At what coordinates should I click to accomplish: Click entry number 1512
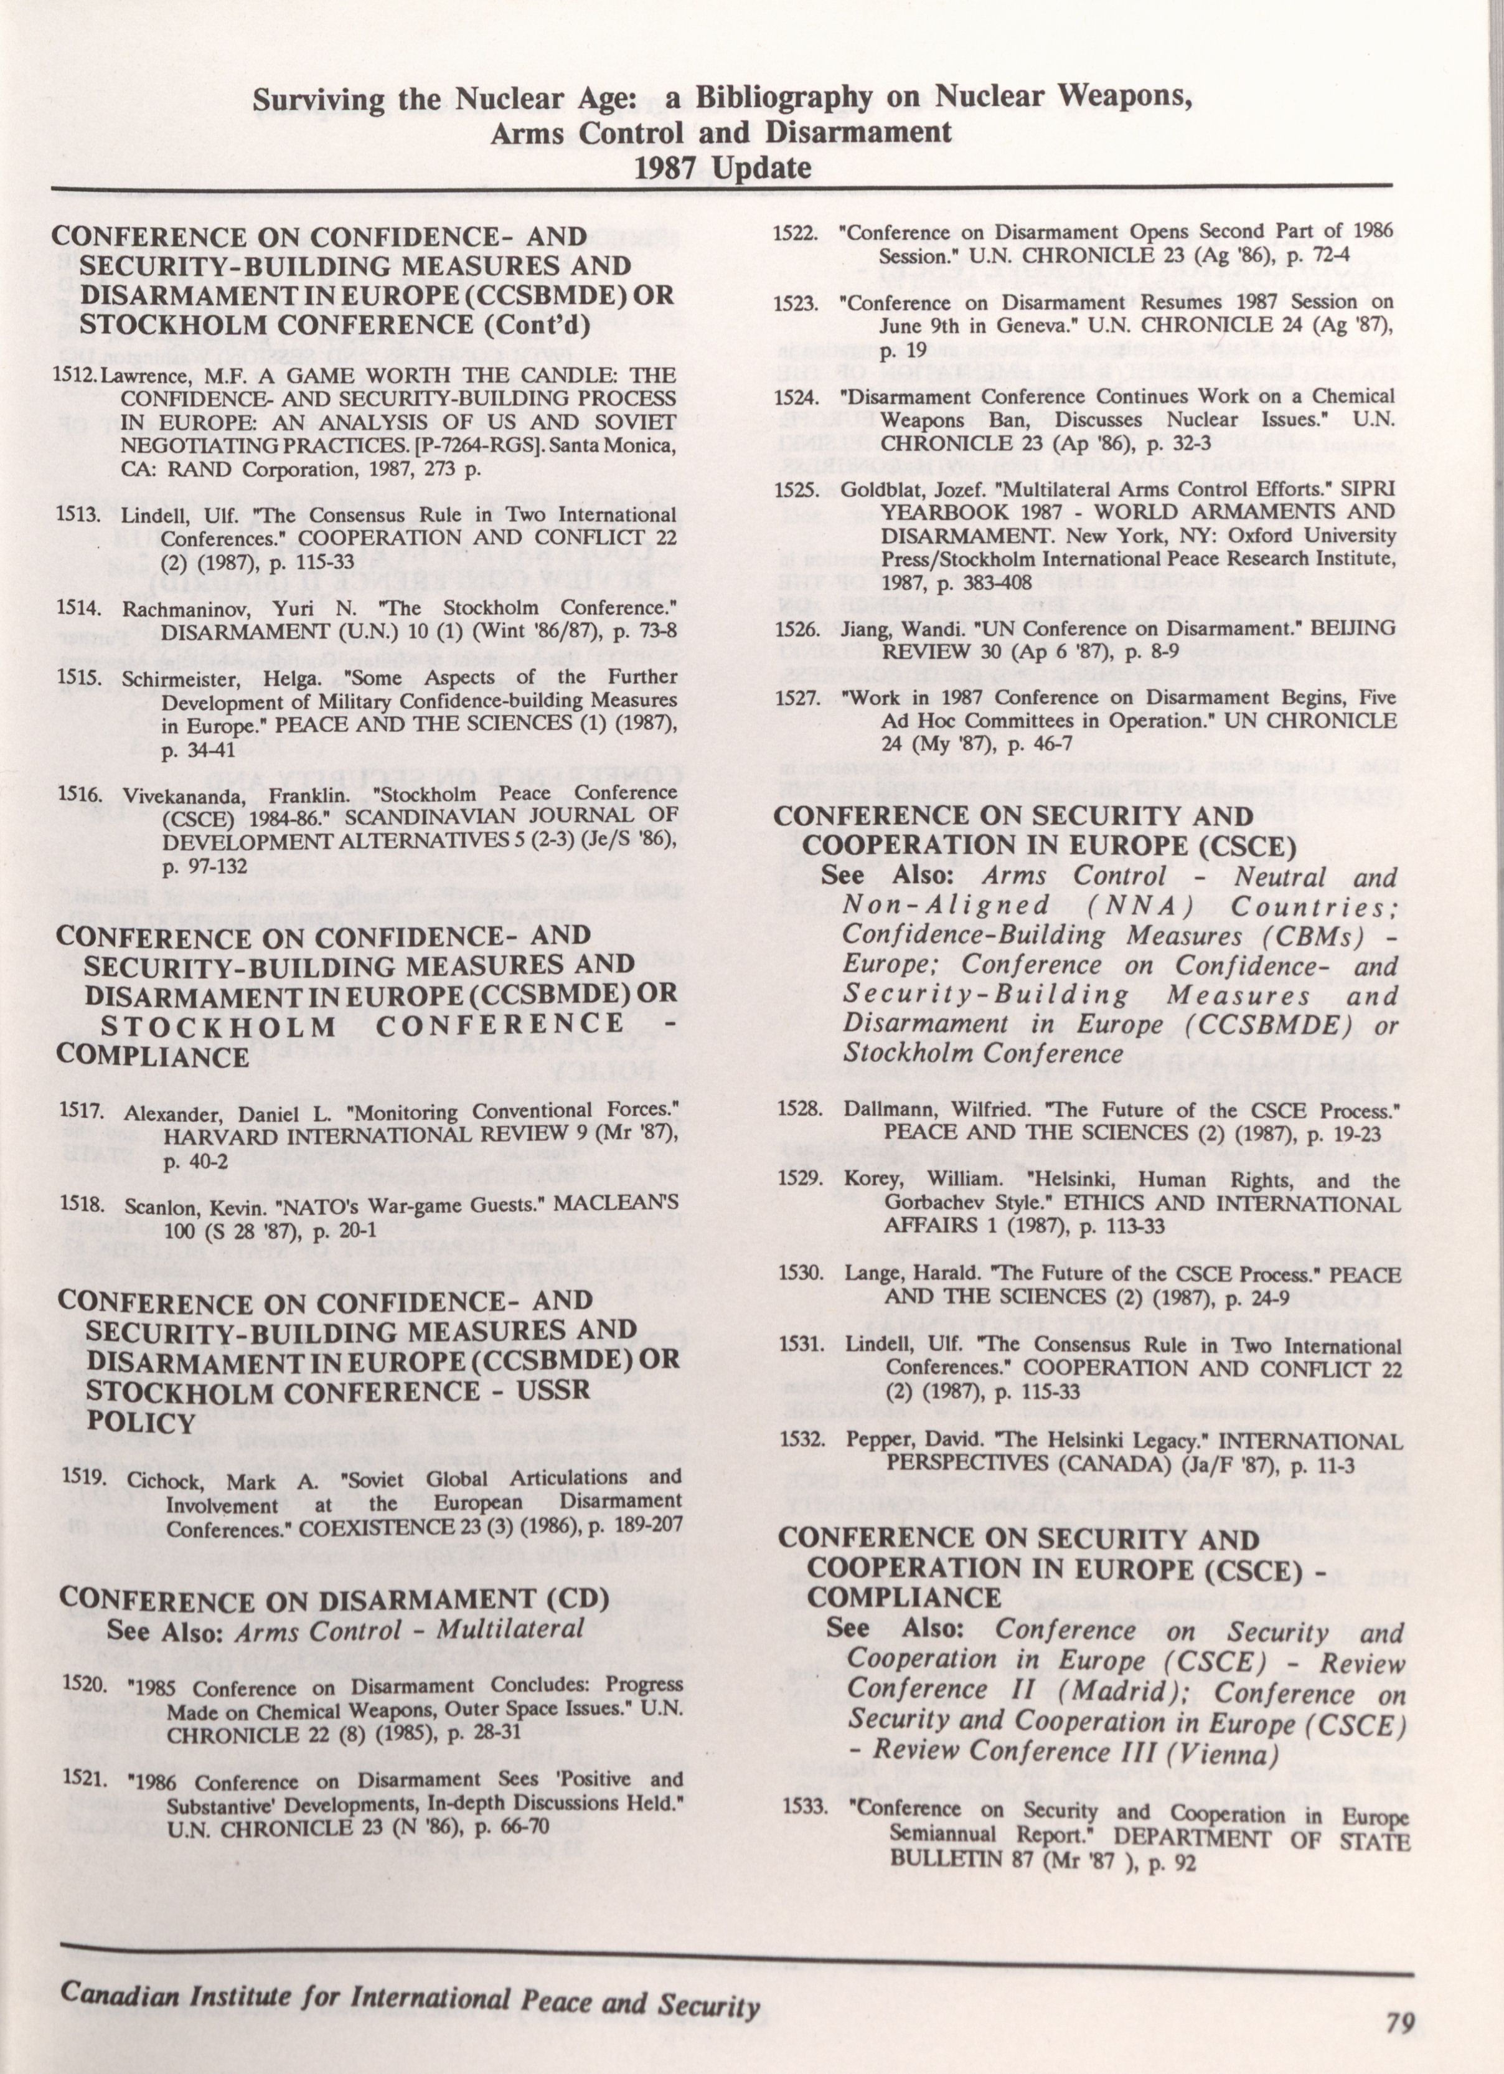(75, 376)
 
